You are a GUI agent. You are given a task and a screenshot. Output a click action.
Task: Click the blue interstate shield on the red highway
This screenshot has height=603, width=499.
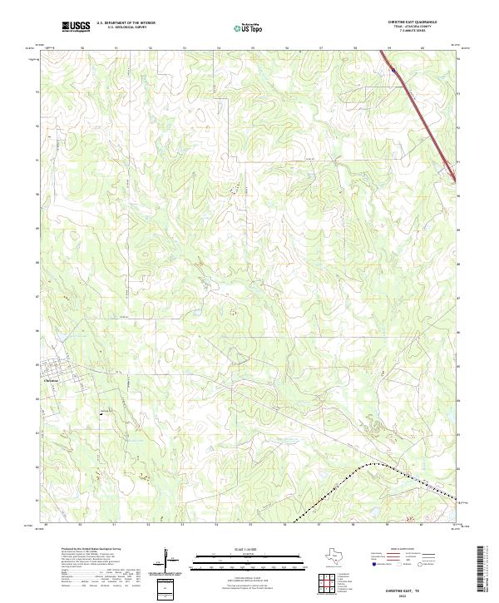point(392,72)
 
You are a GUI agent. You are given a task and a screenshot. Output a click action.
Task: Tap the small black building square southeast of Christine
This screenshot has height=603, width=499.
point(101,412)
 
